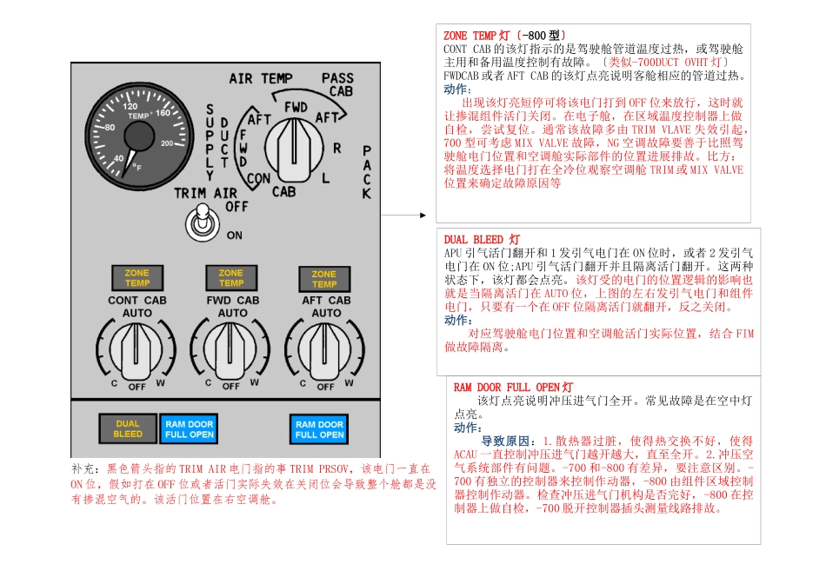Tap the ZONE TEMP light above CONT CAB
click(137, 277)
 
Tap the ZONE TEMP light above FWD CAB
click(230, 278)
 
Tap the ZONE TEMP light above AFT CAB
click(324, 279)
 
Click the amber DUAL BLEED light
click(128, 428)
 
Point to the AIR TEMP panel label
click(261, 78)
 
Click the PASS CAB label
click(337, 84)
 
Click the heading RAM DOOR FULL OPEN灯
click(513, 387)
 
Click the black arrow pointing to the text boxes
click(404, 214)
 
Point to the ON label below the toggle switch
click(234, 235)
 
